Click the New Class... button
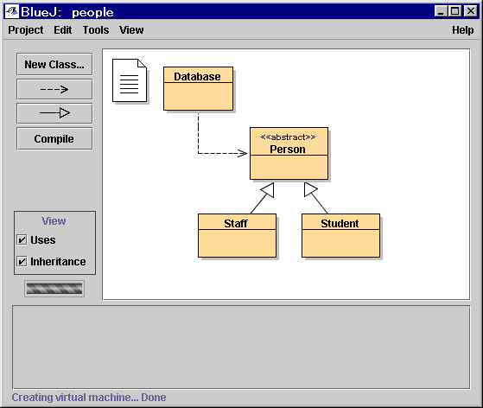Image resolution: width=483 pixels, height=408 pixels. (x=54, y=65)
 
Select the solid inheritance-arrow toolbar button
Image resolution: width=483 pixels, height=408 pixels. (x=54, y=113)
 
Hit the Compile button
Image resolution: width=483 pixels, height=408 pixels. (x=54, y=139)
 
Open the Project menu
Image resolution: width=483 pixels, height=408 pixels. (x=26, y=30)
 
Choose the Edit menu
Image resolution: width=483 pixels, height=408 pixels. (x=63, y=30)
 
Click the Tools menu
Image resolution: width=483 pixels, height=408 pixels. (x=96, y=30)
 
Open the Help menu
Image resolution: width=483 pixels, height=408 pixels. (x=463, y=30)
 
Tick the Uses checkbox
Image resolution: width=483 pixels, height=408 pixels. (x=22, y=239)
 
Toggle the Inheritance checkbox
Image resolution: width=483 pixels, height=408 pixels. (x=22, y=261)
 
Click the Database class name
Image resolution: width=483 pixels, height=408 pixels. (x=197, y=76)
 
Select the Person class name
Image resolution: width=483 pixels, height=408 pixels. (x=288, y=150)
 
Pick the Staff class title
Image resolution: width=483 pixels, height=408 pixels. (x=236, y=223)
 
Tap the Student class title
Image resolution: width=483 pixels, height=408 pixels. (x=340, y=223)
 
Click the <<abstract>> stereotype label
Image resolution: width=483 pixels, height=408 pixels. (x=288, y=137)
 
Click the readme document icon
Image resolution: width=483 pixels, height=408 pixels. (x=130, y=80)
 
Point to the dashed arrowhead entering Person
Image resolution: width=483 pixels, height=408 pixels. (x=242, y=153)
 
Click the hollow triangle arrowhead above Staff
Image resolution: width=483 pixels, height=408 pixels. (x=268, y=189)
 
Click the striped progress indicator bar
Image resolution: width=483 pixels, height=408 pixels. (x=54, y=289)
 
